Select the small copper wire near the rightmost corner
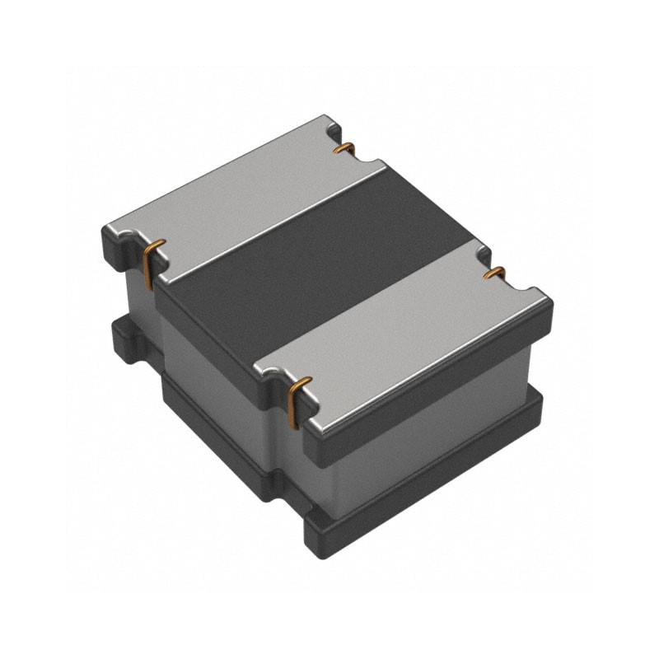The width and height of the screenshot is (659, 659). click(495, 272)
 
